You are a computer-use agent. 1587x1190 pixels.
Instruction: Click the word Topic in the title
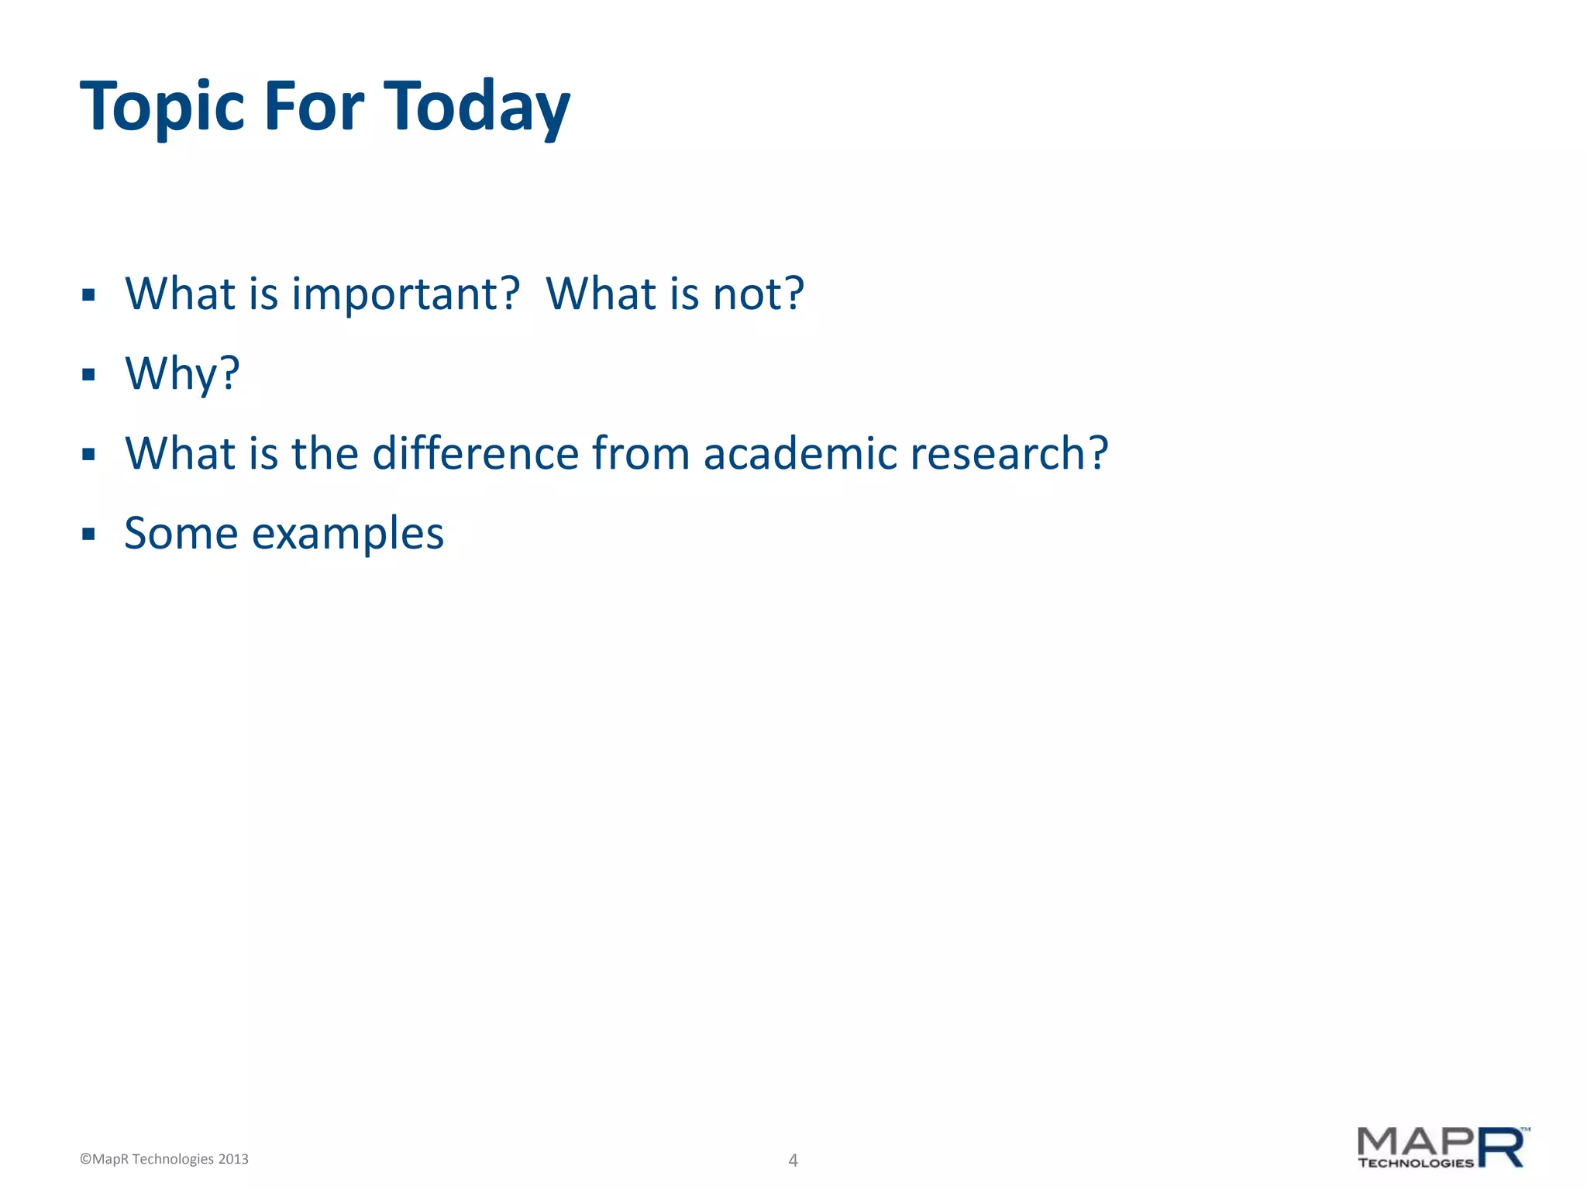pos(163,107)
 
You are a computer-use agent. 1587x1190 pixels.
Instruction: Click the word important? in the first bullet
pos(405,295)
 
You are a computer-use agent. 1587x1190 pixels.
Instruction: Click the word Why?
pos(183,374)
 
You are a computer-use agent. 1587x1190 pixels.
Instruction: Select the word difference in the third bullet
pos(475,453)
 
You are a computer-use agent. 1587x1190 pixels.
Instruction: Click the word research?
pos(1010,453)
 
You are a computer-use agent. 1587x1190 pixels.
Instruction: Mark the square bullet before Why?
pos(88,375)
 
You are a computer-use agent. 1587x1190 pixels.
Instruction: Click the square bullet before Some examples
pos(88,534)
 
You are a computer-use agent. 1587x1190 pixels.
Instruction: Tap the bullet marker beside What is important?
pos(88,294)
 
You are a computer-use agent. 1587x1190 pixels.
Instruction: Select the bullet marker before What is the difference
pos(88,454)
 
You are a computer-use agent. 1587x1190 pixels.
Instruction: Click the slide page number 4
pos(793,1160)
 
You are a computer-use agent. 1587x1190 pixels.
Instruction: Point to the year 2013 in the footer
pos(233,1159)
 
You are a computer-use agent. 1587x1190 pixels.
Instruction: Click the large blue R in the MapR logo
pos(1501,1147)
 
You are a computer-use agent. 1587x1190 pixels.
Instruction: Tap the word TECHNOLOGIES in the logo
pos(1415,1163)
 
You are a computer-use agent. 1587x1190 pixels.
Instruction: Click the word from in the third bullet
pos(641,453)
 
